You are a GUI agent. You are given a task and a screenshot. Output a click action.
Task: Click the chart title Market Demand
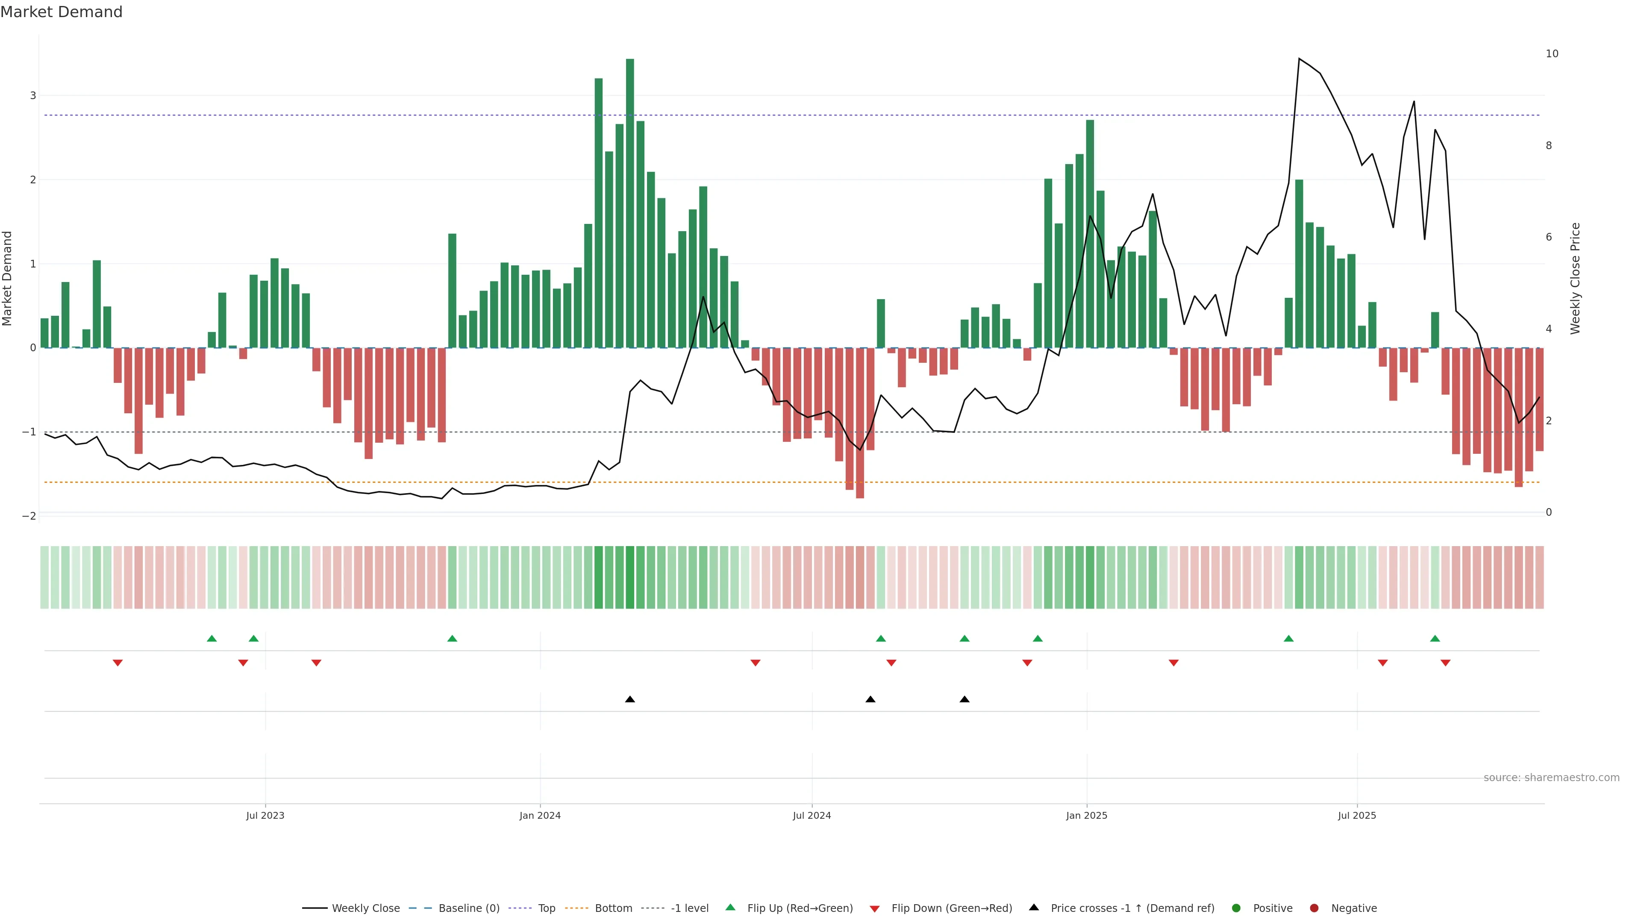pos(61,12)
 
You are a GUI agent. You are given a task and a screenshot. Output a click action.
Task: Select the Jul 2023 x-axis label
pos(265,815)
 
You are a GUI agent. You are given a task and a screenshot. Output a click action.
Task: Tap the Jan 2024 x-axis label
pos(540,815)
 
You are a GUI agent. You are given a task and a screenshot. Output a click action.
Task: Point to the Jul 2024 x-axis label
pos(812,815)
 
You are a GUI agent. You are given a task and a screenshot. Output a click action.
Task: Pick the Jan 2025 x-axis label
pos(1086,815)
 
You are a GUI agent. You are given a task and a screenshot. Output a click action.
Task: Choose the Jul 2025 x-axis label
pos(1357,815)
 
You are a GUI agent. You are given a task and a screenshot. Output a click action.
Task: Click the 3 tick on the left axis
pos(32,96)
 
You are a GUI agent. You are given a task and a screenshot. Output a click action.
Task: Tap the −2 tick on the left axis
pos(29,516)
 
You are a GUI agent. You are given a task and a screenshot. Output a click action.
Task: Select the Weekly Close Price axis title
pos(1575,278)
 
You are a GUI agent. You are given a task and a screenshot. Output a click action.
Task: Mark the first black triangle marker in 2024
pos(630,700)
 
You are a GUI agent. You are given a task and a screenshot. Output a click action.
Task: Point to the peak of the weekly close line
pos(1299,59)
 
